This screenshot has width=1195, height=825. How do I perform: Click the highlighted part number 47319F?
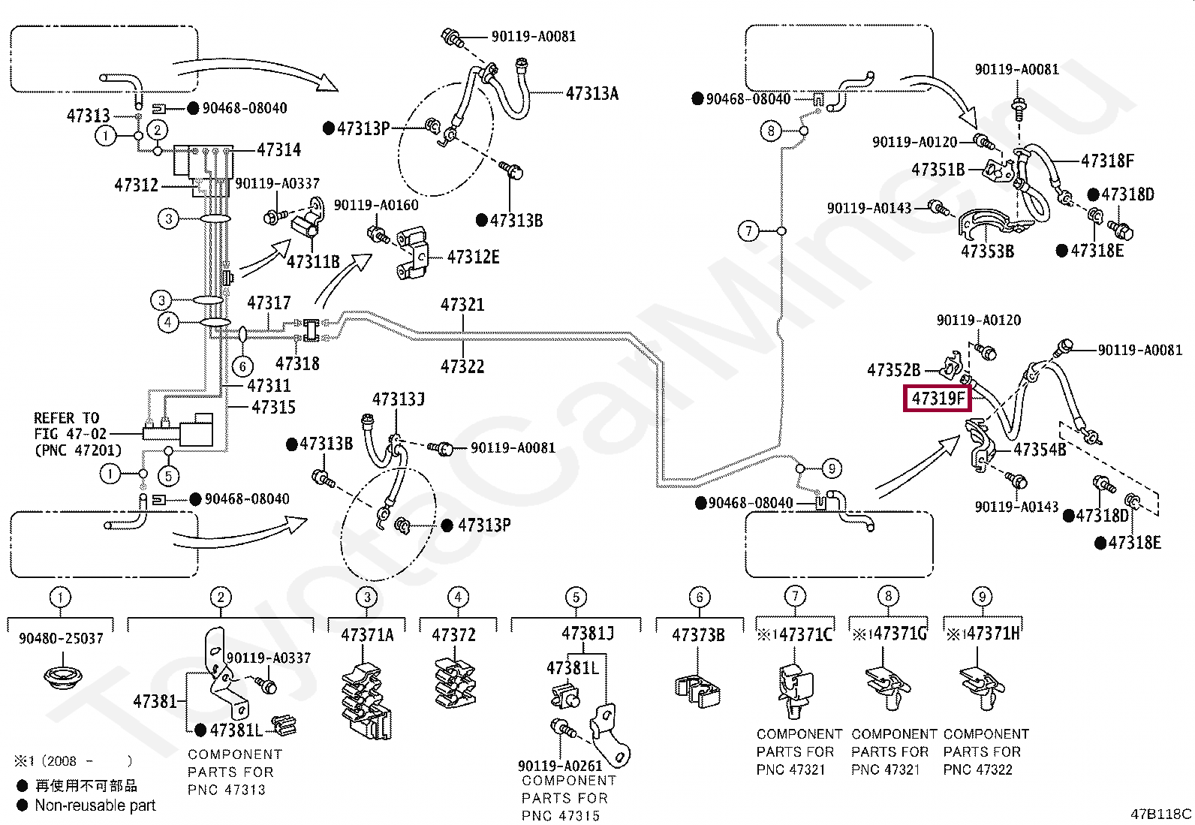pyautogui.click(x=938, y=399)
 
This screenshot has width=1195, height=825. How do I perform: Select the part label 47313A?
pyautogui.click(x=592, y=94)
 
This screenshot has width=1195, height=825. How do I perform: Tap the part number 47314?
pyautogui.click(x=279, y=150)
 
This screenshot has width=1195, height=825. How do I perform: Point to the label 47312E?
pyautogui.click(x=473, y=257)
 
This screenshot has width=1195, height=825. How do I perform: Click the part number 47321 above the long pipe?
pyautogui.click(x=462, y=305)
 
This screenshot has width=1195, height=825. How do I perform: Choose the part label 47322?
pyautogui.click(x=462, y=366)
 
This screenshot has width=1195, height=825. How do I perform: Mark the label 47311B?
pyautogui.click(x=313, y=262)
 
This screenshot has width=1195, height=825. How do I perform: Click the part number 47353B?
pyautogui.click(x=988, y=251)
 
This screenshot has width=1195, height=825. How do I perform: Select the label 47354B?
pyautogui.click(x=1040, y=450)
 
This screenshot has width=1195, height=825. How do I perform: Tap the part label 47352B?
pyautogui.click(x=893, y=370)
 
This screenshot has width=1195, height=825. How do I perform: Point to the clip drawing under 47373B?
pyautogui.click(x=697, y=691)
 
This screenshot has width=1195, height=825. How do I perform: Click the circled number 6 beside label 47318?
pyautogui.click(x=242, y=366)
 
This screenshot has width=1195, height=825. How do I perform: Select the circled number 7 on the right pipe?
pyautogui.click(x=748, y=231)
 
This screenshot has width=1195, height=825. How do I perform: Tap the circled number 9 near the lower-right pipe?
pyautogui.click(x=832, y=468)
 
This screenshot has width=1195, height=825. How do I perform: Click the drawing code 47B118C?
pyautogui.click(x=1161, y=814)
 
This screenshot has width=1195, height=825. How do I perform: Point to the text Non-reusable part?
pyautogui.click(x=95, y=805)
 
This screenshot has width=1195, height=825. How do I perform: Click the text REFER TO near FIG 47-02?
pyautogui.click(x=67, y=418)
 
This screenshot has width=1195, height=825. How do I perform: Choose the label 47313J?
pyautogui.click(x=399, y=399)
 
